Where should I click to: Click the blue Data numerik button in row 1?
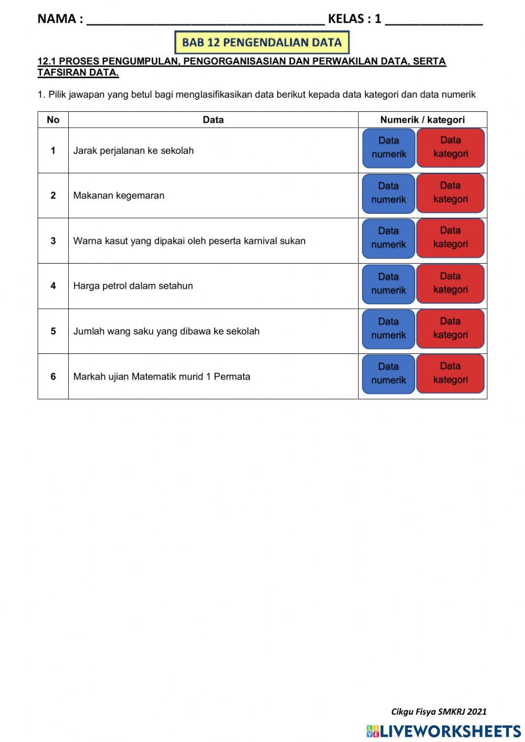pos(388,148)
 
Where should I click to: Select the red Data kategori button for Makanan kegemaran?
pos(450,193)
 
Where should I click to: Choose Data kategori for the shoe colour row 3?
pos(450,237)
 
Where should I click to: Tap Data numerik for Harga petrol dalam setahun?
pos(388,284)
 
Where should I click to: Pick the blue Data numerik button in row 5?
pos(388,329)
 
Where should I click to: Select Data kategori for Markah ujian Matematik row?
pos(450,373)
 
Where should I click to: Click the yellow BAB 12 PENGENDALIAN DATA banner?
pos(261,43)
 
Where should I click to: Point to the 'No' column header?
pos(53,120)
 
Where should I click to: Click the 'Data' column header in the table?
pos(213,120)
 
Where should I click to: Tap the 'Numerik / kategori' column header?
pos(422,120)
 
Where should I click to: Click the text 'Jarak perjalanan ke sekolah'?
pos(133,151)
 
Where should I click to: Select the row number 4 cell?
pos(53,286)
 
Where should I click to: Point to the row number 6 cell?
pos(53,377)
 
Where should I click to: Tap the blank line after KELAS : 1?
pos(433,20)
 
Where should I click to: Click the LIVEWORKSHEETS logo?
pos(444,731)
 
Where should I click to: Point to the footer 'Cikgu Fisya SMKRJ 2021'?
pos(438,712)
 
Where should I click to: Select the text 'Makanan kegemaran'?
pos(119,196)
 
